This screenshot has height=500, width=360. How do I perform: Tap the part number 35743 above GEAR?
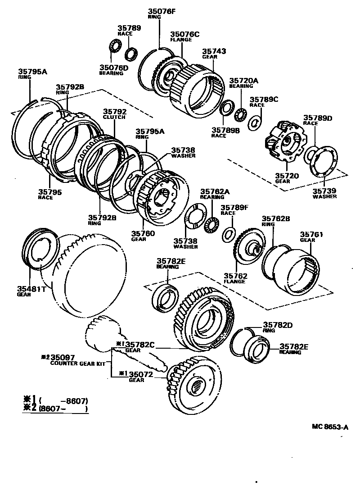click(x=214, y=52)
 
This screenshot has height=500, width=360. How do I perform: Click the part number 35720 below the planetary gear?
click(x=287, y=175)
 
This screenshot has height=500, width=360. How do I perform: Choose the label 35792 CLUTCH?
click(x=115, y=111)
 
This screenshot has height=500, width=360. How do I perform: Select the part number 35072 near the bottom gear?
click(x=142, y=374)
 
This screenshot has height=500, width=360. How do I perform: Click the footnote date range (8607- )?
click(x=63, y=409)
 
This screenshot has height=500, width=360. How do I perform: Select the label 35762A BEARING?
click(x=215, y=191)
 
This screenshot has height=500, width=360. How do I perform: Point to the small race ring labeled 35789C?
click(x=255, y=122)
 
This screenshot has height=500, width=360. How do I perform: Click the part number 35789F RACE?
click(x=234, y=207)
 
